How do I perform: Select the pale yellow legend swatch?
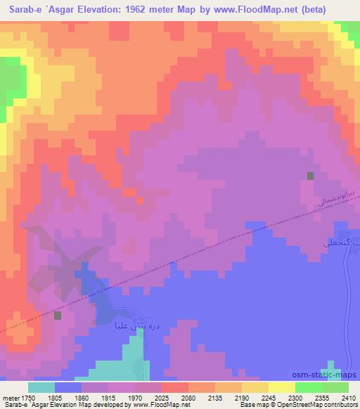pos(281,387)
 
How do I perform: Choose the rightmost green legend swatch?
pos(335,387)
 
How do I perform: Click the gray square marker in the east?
pos(310,176)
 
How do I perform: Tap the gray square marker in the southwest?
pos(58,316)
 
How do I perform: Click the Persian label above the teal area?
pos(120,325)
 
